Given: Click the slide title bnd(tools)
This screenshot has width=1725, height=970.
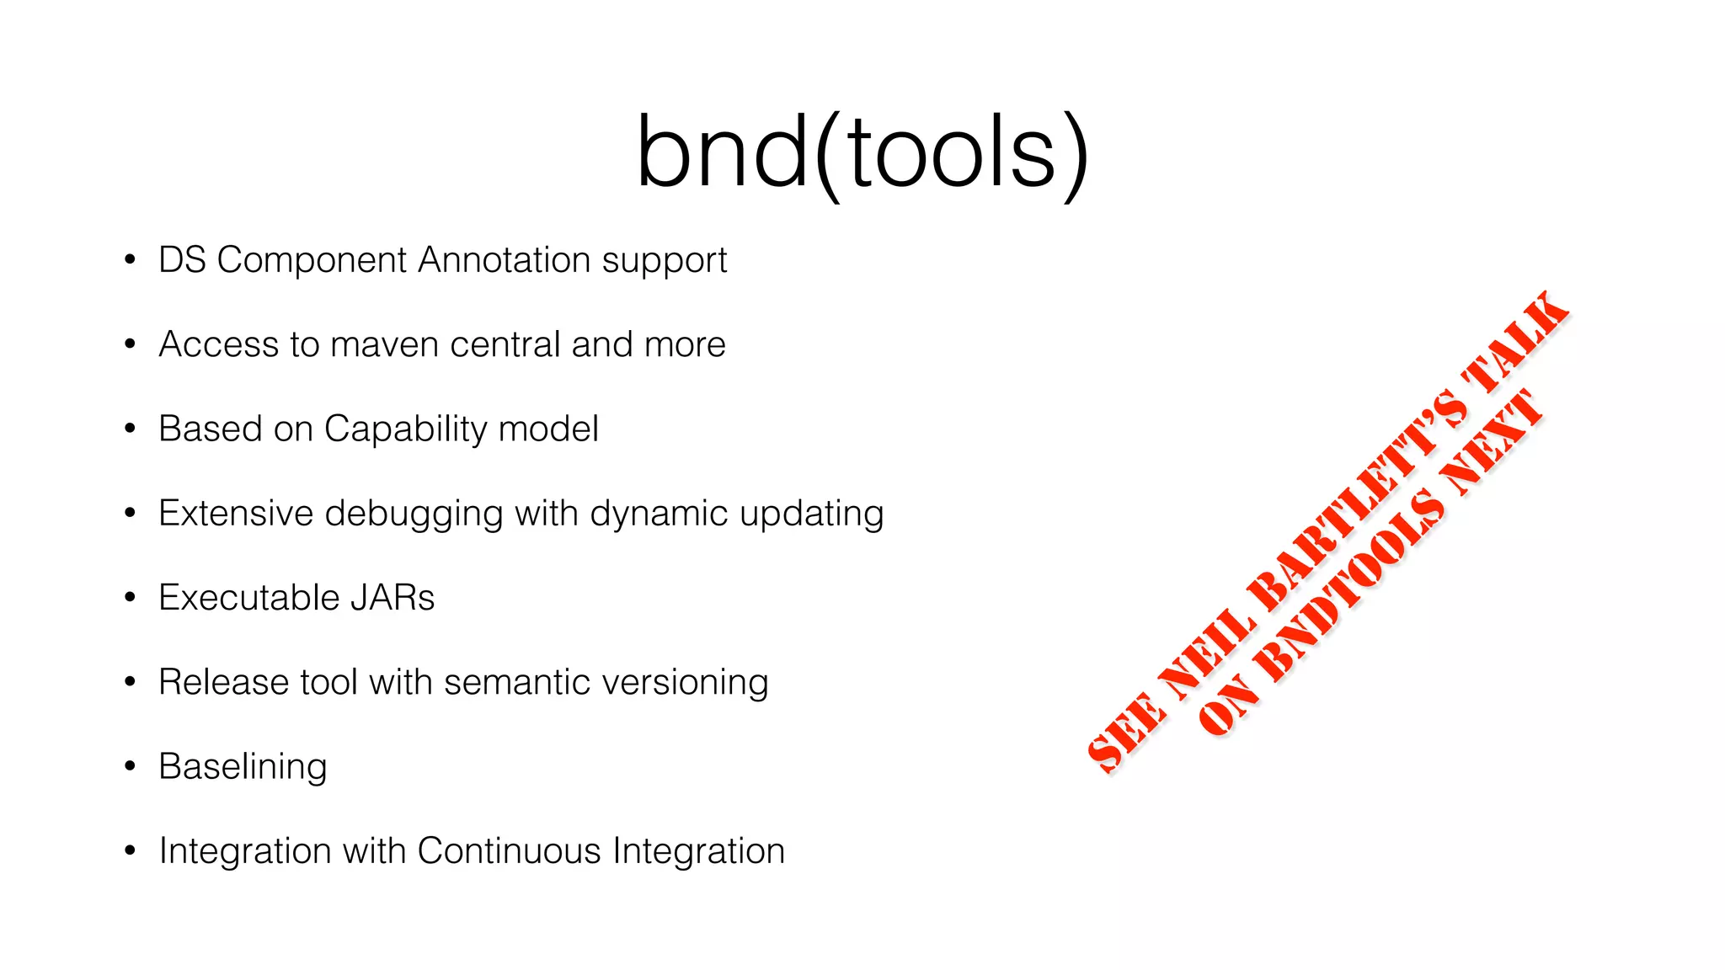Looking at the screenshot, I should pyautogui.click(x=862, y=153).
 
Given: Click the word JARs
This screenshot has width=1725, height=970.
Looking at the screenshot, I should pyautogui.click(x=393, y=598).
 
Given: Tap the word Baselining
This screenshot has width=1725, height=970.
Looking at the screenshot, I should pyautogui.click(x=243, y=767).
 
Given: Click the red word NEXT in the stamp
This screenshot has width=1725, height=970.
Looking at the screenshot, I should pyautogui.click(x=1492, y=442).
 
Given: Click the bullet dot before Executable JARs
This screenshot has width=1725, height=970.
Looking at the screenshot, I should pyautogui.click(x=130, y=597).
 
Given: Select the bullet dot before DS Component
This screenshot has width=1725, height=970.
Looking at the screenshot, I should pyautogui.click(x=130, y=259).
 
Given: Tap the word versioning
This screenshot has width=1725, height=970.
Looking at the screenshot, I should pyautogui.click(x=692, y=682).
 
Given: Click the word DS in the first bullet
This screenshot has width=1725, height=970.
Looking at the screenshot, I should pyautogui.click(x=182, y=260).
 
